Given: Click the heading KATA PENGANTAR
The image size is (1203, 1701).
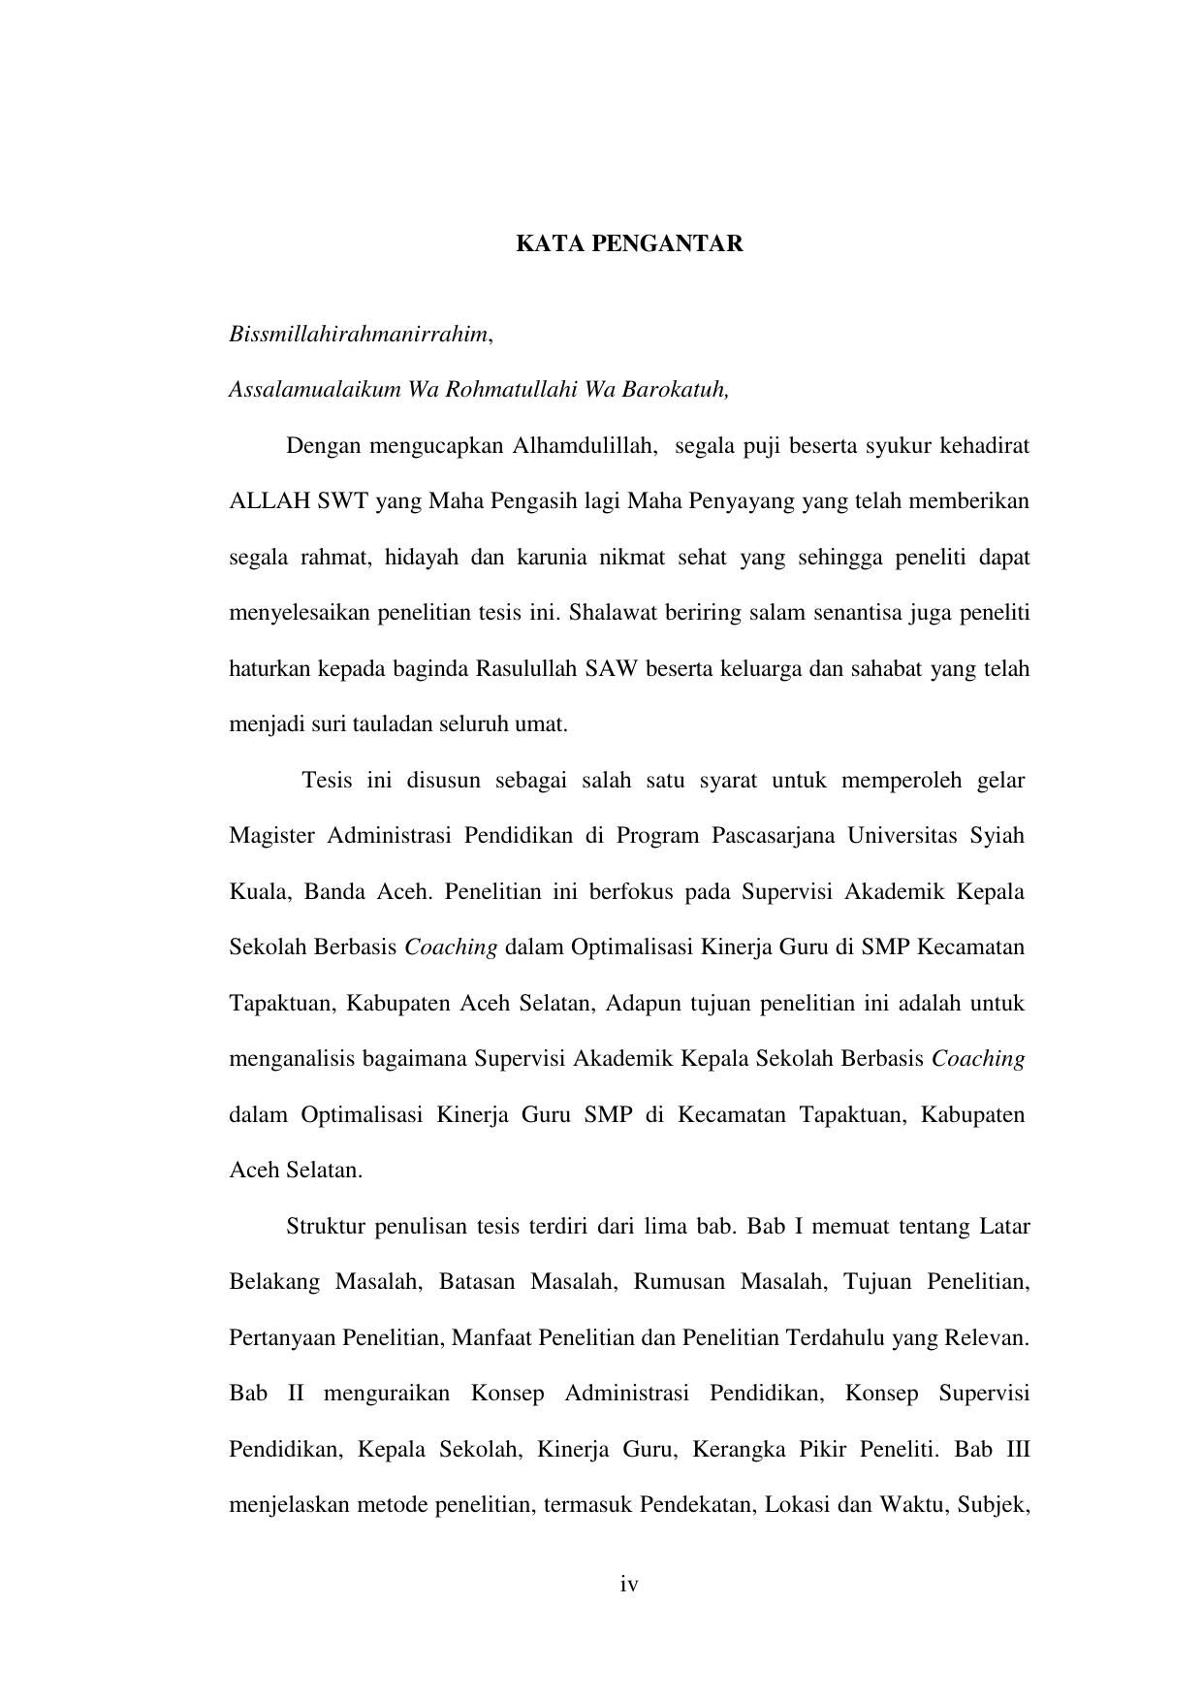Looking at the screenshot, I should coord(628,243).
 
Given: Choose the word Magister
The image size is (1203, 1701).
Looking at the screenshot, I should coord(271,836).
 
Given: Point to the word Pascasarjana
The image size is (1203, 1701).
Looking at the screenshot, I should coord(772,836).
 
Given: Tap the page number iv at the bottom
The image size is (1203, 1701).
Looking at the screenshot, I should coord(629,1585).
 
